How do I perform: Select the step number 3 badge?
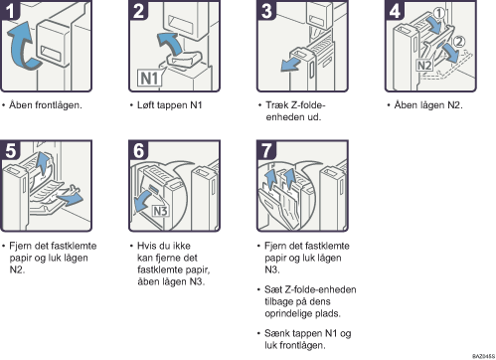tap(265, 11)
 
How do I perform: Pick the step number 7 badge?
tap(265, 152)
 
